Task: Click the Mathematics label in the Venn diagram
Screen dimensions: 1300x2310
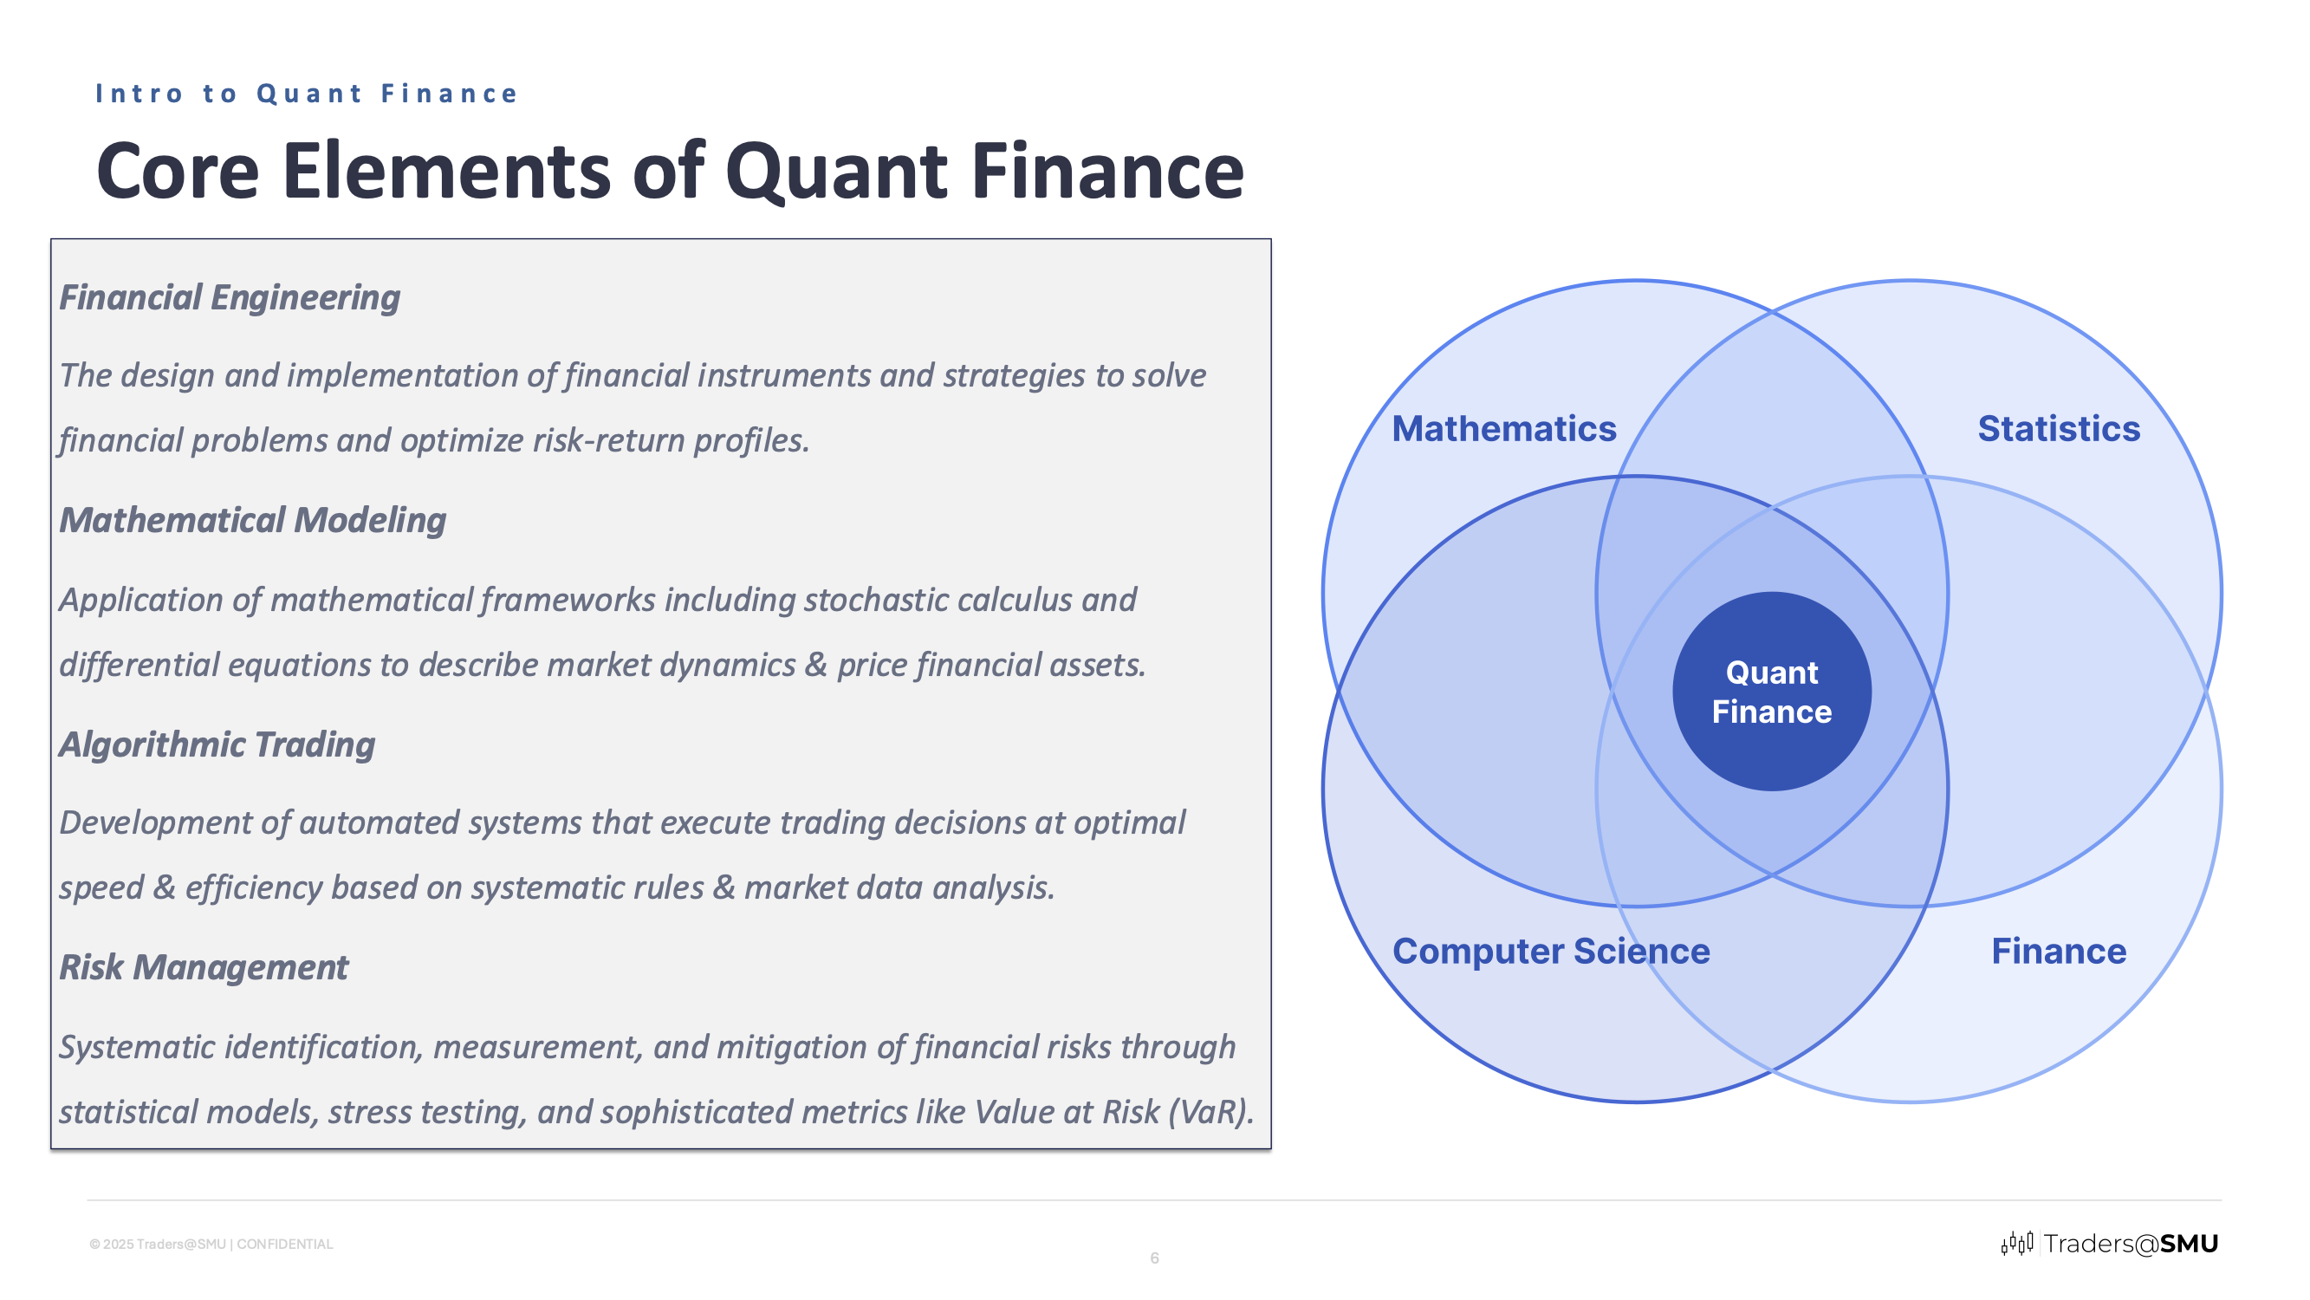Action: pos(1504,429)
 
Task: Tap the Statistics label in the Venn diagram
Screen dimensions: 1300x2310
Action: pos(2058,429)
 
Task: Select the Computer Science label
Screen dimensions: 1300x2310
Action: pos(1550,951)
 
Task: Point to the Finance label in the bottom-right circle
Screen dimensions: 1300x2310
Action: pos(2058,951)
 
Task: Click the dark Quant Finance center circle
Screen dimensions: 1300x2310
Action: pos(1771,692)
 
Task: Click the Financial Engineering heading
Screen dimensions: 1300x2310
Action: pos(230,298)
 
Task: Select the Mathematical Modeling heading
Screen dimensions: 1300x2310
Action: pos(253,520)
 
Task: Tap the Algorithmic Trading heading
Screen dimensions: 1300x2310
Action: pos(217,744)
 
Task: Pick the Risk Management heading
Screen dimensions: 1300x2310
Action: pos(204,967)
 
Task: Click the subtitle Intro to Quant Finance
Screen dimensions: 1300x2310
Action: pos(307,94)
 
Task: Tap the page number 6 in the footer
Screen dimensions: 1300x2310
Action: pos(1154,1258)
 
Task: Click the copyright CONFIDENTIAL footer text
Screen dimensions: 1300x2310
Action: pos(211,1244)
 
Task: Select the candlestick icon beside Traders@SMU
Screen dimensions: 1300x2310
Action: pos(2017,1243)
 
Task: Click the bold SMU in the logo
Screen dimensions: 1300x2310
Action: pos(2188,1243)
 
